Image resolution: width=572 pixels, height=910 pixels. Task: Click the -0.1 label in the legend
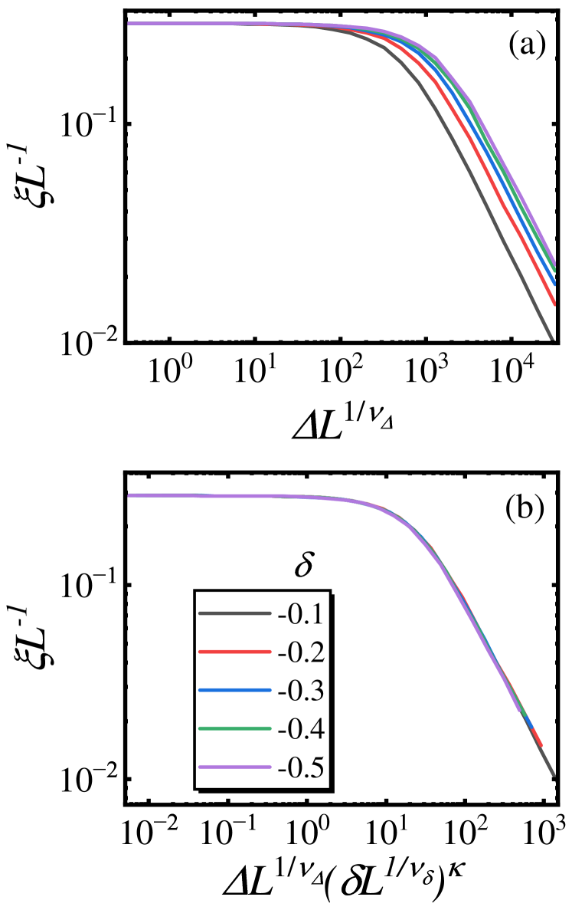coord(301,614)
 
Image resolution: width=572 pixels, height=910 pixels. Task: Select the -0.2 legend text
coord(301,652)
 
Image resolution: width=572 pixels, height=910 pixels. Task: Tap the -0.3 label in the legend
coord(301,691)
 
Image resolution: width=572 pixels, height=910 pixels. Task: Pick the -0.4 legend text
coord(301,729)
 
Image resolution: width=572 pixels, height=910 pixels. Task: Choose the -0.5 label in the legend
coord(301,767)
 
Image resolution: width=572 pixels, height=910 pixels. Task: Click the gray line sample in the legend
coord(234,613)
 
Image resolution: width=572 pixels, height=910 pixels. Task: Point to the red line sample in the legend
coord(234,652)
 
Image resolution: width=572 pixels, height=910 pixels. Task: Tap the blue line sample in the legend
coord(234,690)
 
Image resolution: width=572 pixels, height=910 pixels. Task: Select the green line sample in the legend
coord(234,728)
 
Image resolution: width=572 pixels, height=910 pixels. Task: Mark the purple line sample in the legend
coord(234,767)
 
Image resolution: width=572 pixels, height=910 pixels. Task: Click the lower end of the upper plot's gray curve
coord(551,337)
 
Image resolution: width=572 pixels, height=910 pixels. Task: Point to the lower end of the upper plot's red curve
coord(554,303)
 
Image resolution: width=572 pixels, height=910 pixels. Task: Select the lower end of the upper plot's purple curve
coord(554,261)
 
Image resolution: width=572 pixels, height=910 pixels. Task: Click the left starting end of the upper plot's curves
coord(129,24)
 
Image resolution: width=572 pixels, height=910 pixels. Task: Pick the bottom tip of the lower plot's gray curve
coord(553,776)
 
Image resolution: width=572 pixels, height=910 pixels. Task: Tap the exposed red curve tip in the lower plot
coord(540,742)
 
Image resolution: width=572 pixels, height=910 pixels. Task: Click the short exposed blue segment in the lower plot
coord(528,721)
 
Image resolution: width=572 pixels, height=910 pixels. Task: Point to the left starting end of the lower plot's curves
coord(129,495)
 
